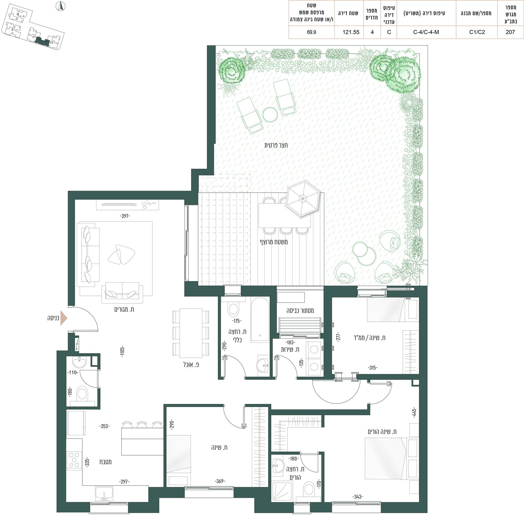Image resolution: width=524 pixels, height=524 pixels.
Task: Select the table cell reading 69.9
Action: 311,32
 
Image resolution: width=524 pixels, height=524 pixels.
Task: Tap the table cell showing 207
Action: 510,32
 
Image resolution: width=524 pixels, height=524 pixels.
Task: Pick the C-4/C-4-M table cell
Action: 426,32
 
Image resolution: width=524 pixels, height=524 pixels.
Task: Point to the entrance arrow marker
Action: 64,318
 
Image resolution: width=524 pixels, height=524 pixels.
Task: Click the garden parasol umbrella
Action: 302,198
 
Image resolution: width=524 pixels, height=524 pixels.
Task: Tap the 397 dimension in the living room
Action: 125,216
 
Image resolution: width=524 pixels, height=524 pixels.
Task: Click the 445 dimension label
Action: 414,413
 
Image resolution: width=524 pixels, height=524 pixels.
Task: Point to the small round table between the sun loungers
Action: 270,115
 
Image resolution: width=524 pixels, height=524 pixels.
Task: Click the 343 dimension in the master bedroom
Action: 358,497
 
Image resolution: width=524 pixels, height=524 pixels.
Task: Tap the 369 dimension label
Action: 220,481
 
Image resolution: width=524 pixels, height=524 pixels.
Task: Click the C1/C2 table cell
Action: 477,32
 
